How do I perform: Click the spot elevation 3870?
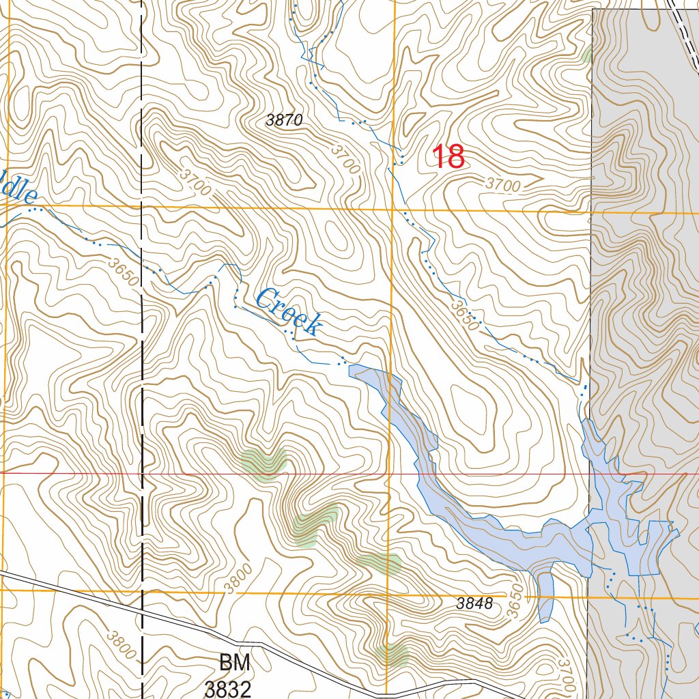pos(284,121)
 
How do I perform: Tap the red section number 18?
pos(449,158)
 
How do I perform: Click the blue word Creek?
pos(288,312)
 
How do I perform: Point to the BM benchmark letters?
pos(234,662)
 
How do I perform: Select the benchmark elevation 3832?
pos(227,688)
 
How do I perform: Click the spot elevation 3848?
pos(474,603)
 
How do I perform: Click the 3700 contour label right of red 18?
pos(504,184)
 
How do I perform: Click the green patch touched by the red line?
pos(264,463)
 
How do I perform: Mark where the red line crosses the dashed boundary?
pos(142,472)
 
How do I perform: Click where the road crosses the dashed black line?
pos(142,612)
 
